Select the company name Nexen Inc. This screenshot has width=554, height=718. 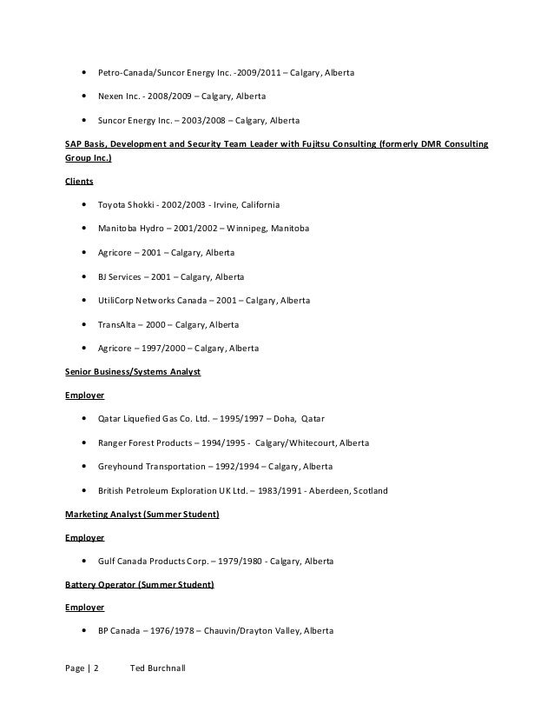point(117,96)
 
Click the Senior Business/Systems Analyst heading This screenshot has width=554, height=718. point(134,372)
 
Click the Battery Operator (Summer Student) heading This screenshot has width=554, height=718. point(140,585)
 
